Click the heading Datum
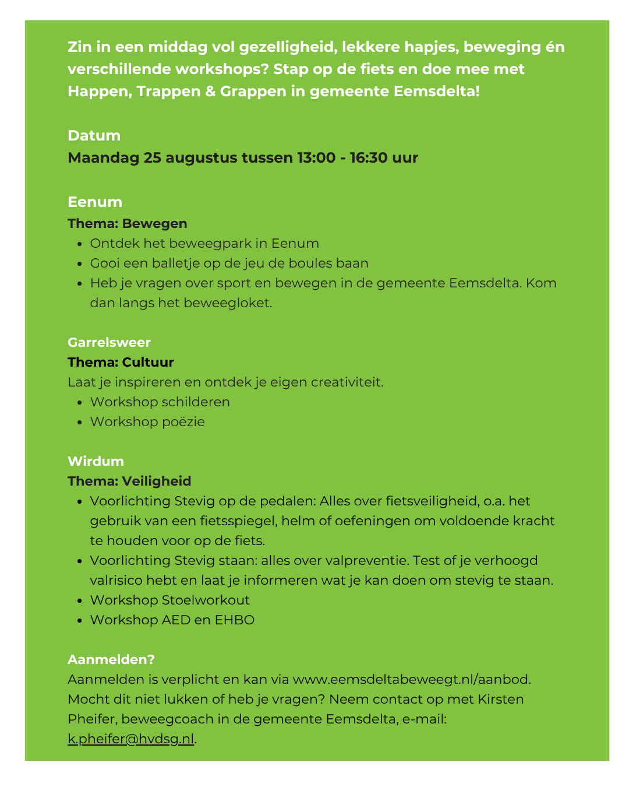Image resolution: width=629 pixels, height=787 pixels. pyautogui.click(x=94, y=135)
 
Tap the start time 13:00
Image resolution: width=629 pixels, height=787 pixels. pyautogui.click(x=316, y=157)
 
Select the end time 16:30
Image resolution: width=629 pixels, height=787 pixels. pyautogui.click(x=369, y=157)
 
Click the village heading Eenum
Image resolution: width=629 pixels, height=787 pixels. pyautogui.click(x=95, y=202)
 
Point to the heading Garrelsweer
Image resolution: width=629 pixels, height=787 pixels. pyautogui.click(x=109, y=342)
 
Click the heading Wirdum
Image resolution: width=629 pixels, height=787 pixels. pyautogui.click(x=96, y=461)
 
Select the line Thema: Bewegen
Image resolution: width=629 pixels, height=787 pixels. pyautogui.click(x=128, y=223)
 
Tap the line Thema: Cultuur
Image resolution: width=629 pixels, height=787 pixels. pyautogui.click(x=121, y=362)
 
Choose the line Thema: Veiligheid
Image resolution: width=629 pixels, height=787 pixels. pyautogui.click(x=129, y=481)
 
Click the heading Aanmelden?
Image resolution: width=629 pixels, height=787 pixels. pyautogui.click(x=111, y=659)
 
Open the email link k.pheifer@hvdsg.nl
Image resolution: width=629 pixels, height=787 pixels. pyautogui.click(x=130, y=739)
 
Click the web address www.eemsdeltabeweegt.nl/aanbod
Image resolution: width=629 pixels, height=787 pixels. pyautogui.click(x=411, y=679)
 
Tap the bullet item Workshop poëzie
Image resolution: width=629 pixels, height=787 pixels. pyautogui.click(x=147, y=421)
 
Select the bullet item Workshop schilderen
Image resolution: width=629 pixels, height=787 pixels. pyautogui.click(x=160, y=402)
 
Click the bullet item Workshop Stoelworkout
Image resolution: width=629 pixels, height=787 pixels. pyautogui.click(x=169, y=600)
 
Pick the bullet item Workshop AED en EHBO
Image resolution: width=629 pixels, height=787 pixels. pyautogui.click(x=172, y=620)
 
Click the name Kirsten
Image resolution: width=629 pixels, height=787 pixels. pyautogui.click(x=501, y=699)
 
